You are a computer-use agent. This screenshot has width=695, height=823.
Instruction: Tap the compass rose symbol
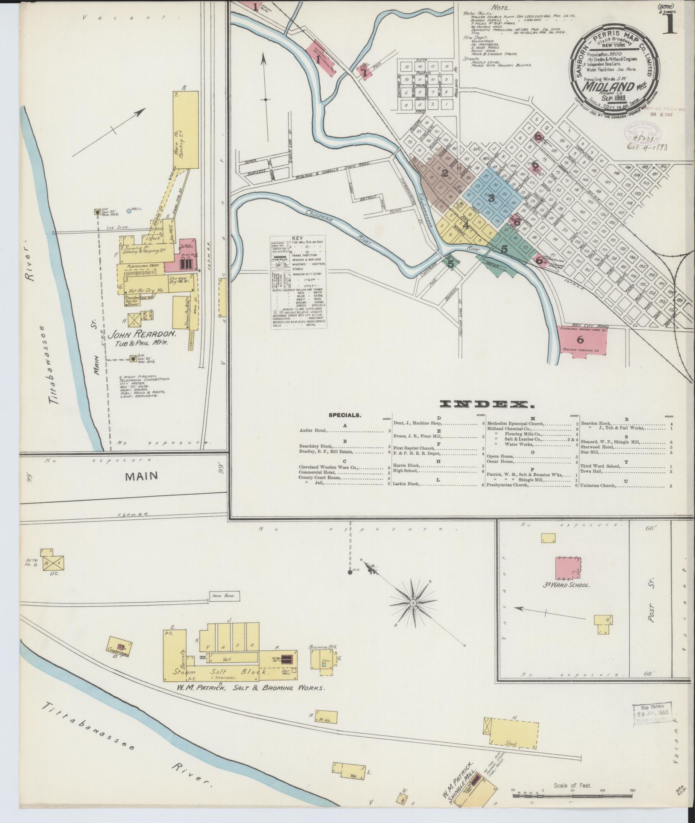click(413, 603)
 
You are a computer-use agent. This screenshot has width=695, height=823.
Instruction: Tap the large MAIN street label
click(141, 476)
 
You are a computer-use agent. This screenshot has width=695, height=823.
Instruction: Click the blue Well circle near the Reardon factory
click(129, 211)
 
